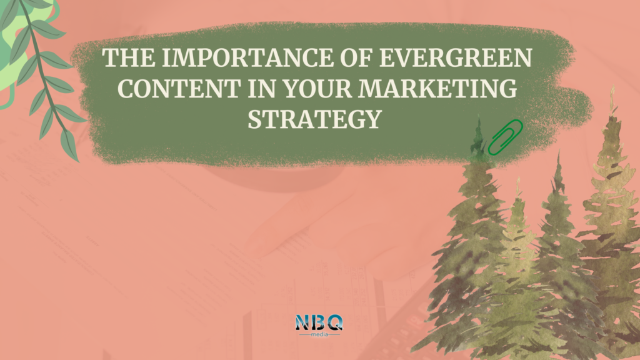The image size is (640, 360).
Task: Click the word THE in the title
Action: (x=129, y=58)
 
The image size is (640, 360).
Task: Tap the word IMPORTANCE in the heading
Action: (x=247, y=58)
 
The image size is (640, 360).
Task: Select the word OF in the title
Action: (x=356, y=58)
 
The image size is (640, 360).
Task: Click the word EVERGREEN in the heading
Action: (x=456, y=58)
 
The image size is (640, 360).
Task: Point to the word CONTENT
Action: (x=179, y=89)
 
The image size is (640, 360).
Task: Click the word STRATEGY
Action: (x=314, y=119)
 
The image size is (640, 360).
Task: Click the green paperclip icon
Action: (x=505, y=137)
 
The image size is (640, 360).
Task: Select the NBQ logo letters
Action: (x=319, y=322)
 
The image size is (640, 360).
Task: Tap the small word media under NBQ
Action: (x=319, y=335)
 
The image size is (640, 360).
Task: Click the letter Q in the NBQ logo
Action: (x=335, y=322)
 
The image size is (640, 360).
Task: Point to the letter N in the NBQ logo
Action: (x=302, y=322)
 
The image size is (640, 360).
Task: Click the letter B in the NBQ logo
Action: (x=318, y=322)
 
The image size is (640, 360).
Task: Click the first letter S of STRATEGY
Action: (x=254, y=119)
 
